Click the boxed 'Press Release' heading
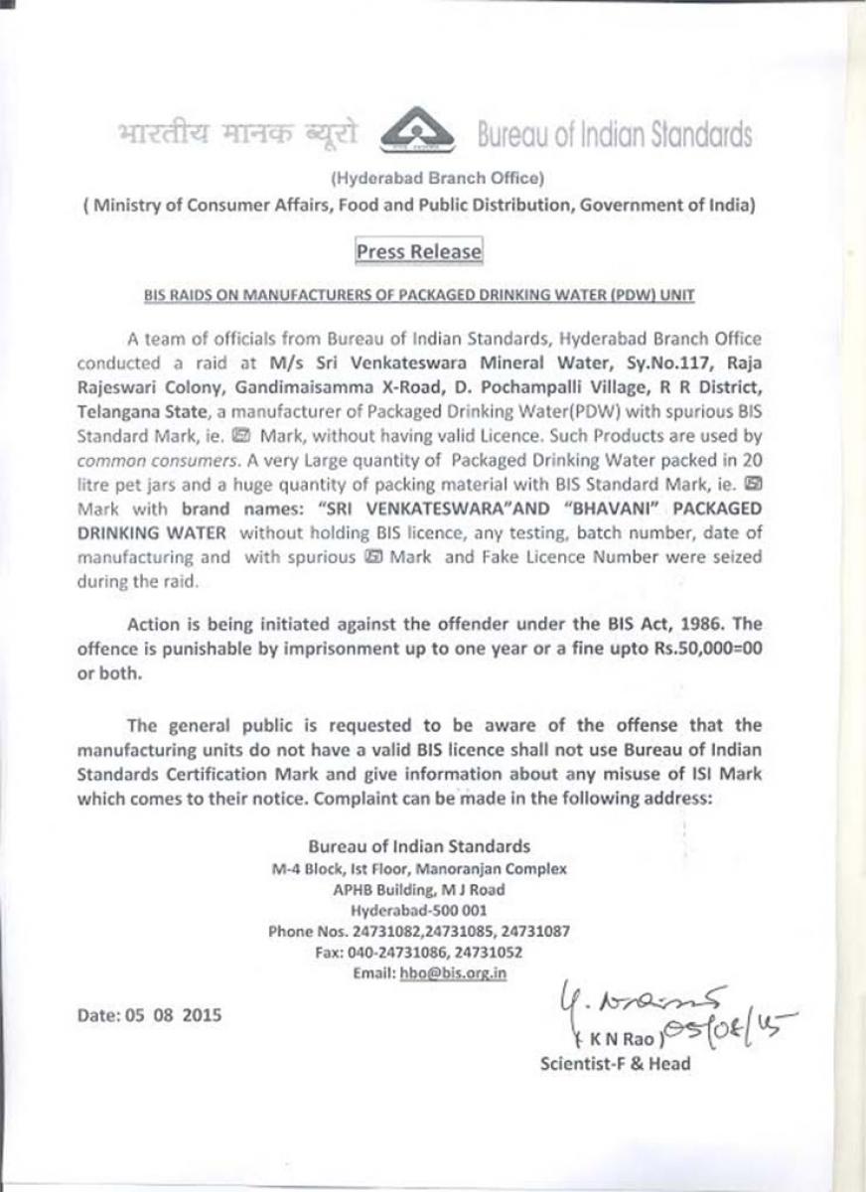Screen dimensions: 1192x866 (418, 252)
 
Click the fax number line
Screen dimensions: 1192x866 (418, 953)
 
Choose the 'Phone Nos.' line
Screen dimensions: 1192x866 (418, 932)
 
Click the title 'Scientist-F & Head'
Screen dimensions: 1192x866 (615, 1064)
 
